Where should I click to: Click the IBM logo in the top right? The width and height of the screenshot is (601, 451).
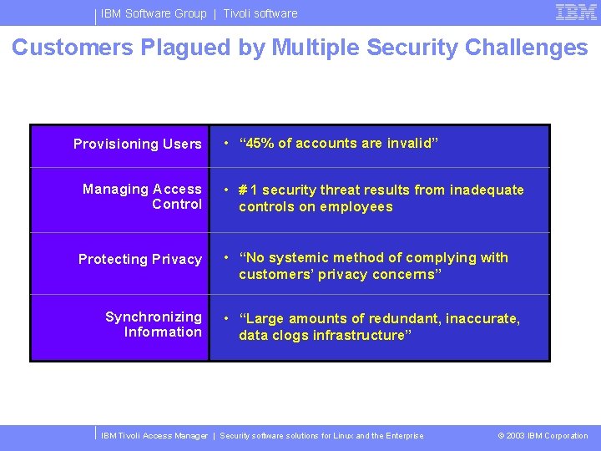pyautogui.click(x=576, y=12)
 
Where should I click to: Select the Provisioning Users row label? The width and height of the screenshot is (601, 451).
pyautogui.click(x=138, y=144)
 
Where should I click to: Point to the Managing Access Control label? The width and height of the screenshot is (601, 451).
pyautogui.click(x=143, y=196)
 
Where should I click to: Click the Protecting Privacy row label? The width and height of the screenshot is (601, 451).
pyautogui.click(x=140, y=260)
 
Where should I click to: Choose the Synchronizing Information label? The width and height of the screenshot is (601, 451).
pyautogui.click(x=154, y=324)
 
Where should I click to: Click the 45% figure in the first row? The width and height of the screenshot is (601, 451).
pyautogui.click(x=260, y=144)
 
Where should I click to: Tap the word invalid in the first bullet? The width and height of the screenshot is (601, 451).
pyautogui.click(x=409, y=144)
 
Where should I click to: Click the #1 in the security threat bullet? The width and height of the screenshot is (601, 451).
pyautogui.click(x=248, y=190)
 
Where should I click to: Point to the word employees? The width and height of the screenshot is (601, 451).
pyautogui.click(x=357, y=206)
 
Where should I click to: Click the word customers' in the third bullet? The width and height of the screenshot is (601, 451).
pyautogui.click(x=270, y=274)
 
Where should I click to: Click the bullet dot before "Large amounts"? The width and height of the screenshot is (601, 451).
pyautogui.click(x=225, y=318)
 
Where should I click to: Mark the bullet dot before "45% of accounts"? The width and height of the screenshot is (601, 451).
pyautogui.click(x=225, y=144)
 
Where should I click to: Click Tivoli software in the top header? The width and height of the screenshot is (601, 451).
pyautogui.click(x=260, y=13)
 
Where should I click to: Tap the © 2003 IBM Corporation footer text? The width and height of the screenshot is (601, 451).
pyautogui.click(x=543, y=436)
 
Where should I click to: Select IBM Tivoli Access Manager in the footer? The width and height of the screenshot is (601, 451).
pyautogui.click(x=154, y=436)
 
